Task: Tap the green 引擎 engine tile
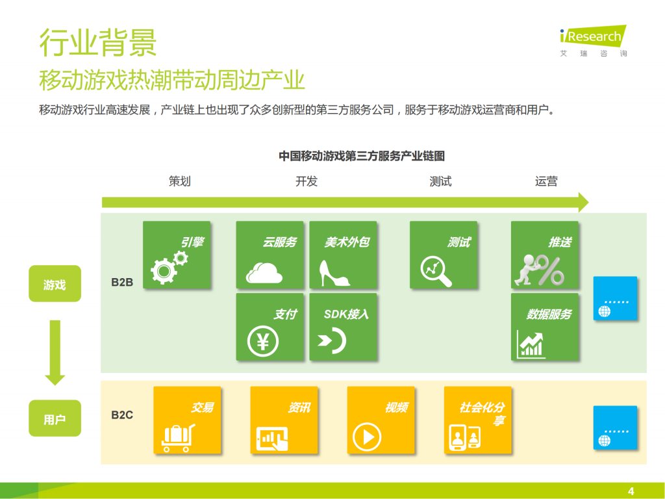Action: point(176,255)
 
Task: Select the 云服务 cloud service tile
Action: point(270,255)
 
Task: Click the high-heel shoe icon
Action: point(334,273)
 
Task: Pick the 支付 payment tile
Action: point(270,327)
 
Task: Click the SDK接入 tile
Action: point(343,327)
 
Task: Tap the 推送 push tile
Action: point(544,255)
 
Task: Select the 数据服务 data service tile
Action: point(544,327)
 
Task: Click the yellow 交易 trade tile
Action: point(187,420)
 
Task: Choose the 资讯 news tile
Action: point(284,420)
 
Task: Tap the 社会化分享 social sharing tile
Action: point(477,420)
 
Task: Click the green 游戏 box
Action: point(55,284)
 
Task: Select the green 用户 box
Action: point(55,419)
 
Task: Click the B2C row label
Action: point(122,415)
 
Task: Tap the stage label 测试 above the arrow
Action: point(440,182)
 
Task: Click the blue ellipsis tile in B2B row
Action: point(615,298)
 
